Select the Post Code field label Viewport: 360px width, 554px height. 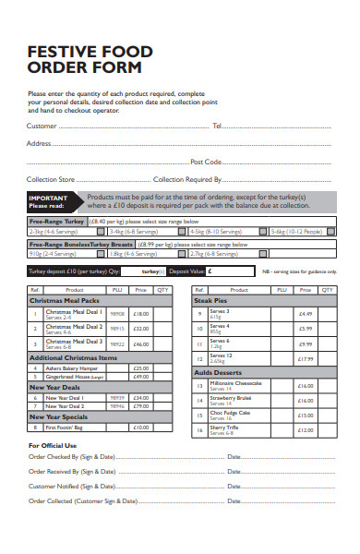tap(206, 161)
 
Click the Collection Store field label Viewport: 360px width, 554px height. tap(51, 179)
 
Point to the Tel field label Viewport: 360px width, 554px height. tap(218, 125)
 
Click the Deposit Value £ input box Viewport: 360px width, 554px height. tap(232, 271)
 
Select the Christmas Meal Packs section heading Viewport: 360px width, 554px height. tap(64, 300)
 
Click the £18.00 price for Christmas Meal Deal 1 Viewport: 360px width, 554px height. tap(140, 314)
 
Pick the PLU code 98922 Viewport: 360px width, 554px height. tap(117, 343)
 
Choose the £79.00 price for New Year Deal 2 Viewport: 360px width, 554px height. tap(140, 405)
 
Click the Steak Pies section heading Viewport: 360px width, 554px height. tap(212, 300)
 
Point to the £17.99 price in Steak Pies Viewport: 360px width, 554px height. tap(306, 357)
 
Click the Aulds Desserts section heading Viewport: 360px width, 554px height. tap(219, 371)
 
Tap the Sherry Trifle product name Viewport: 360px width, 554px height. tap(223, 428)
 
